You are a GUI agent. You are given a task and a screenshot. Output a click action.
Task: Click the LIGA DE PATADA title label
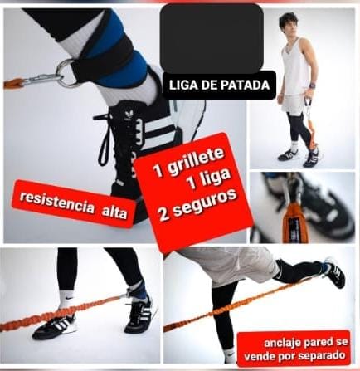[218, 85]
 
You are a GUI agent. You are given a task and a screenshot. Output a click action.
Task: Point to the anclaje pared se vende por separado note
[293, 349]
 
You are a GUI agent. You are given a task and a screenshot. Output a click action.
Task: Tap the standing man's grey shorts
[294, 104]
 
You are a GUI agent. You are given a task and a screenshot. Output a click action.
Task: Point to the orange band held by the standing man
[313, 124]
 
